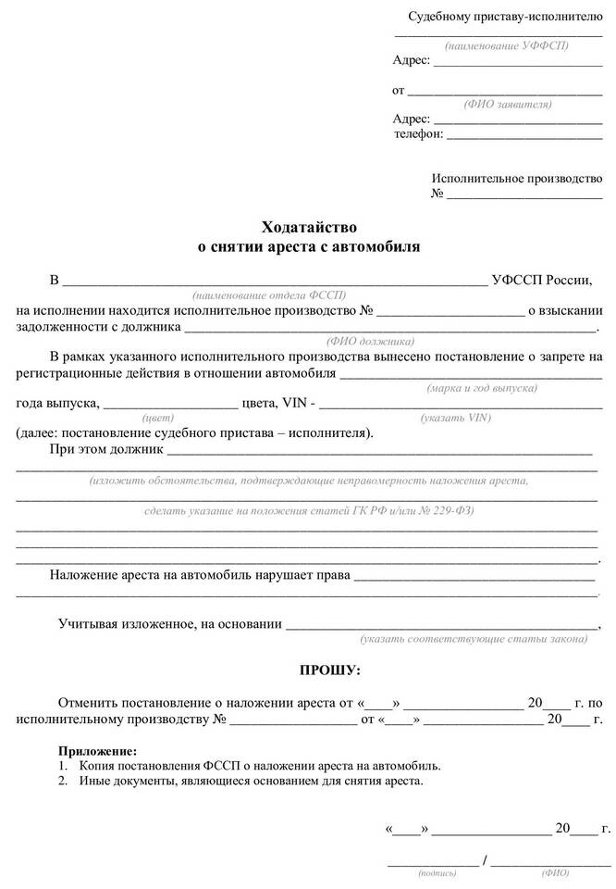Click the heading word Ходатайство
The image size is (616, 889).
308,227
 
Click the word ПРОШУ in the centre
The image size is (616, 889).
329,669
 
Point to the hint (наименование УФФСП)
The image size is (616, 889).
506,44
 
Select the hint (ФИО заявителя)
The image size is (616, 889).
509,104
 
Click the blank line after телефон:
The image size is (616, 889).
524,134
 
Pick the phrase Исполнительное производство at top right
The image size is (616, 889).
517,178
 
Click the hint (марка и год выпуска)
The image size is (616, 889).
482,388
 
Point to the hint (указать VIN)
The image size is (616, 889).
455,418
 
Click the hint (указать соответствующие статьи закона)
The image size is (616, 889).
474,639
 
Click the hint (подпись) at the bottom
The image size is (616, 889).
436,871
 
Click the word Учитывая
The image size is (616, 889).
91,624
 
